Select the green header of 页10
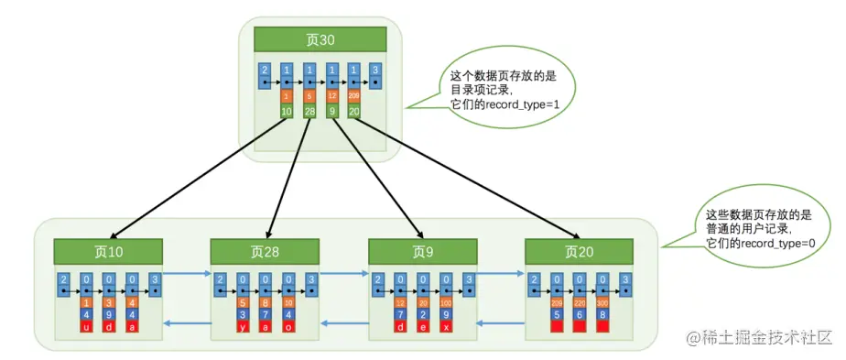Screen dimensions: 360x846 (x=107, y=251)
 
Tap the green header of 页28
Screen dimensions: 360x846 (x=265, y=251)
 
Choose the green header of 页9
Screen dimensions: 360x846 (x=422, y=251)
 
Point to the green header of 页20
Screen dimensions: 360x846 (x=579, y=251)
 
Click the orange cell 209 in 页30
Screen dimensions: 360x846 (x=353, y=96)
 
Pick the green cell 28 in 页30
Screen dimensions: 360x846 (x=309, y=111)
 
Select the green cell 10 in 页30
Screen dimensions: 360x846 (x=287, y=111)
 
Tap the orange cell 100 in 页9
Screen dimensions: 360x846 (x=446, y=302)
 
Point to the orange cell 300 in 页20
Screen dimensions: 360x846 (x=602, y=302)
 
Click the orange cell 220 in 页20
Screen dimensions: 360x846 (x=580, y=302)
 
